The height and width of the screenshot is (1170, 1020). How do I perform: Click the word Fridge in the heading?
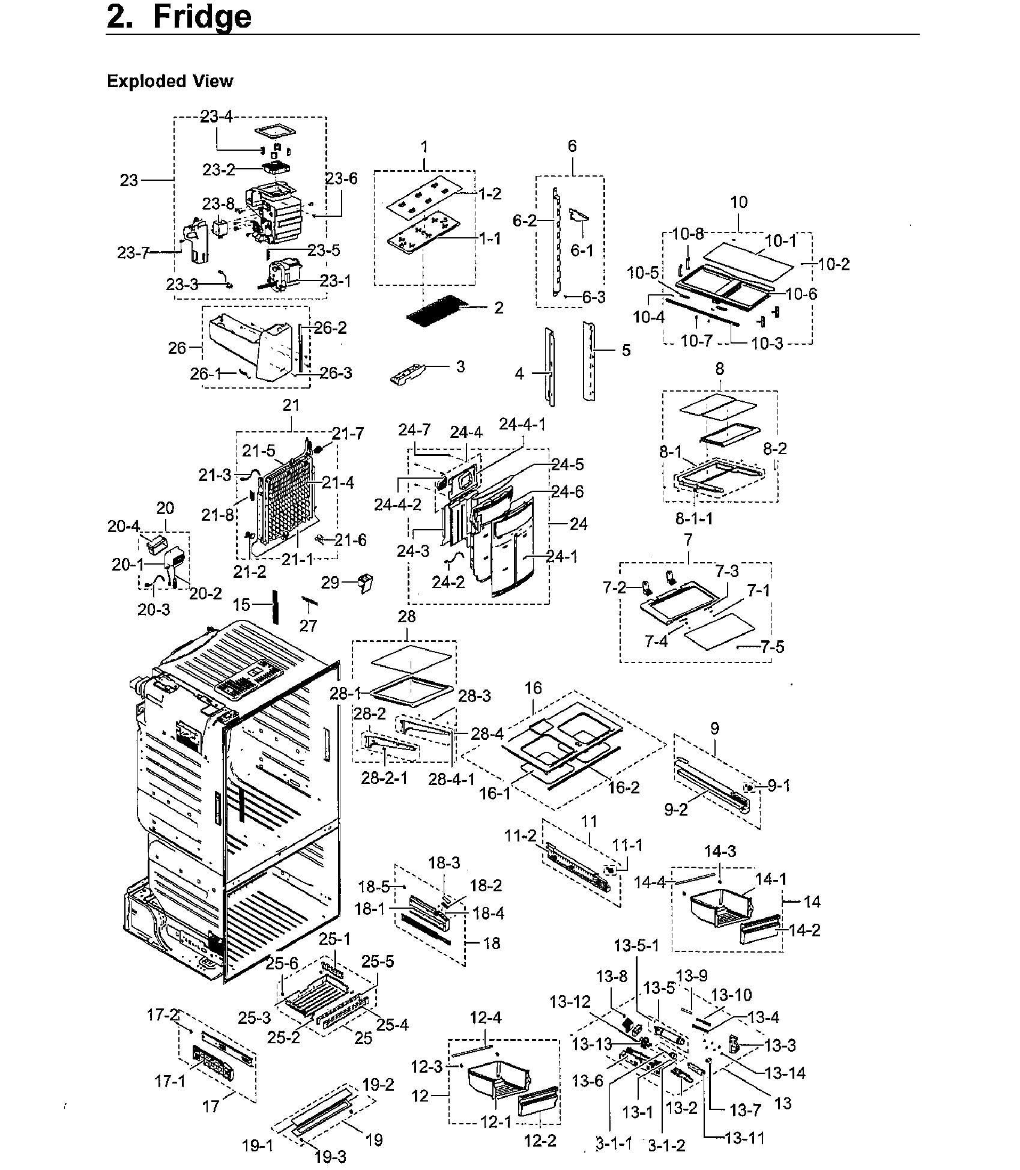(202, 18)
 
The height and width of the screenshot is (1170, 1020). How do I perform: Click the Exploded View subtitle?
(170, 82)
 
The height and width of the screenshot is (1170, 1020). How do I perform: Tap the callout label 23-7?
(133, 253)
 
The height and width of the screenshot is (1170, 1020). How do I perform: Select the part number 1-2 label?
(490, 194)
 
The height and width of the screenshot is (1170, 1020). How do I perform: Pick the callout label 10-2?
(834, 264)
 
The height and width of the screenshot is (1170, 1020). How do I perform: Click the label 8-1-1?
(693, 517)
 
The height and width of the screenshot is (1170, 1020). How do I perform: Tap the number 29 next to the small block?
(330, 583)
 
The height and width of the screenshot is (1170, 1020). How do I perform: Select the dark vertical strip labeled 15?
(276, 606)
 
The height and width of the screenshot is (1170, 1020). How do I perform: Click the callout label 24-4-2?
(398, 505)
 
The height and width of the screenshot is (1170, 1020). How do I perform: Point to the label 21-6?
(351, 540)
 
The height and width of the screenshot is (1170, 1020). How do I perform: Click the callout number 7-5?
(772, 647)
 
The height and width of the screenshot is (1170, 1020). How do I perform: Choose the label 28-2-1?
(384, 778)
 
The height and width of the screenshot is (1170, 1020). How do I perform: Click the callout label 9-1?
(779, 786)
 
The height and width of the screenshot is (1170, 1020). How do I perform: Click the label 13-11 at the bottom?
(744, 1138)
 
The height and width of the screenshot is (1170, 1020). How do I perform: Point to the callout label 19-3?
(330, 1156)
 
